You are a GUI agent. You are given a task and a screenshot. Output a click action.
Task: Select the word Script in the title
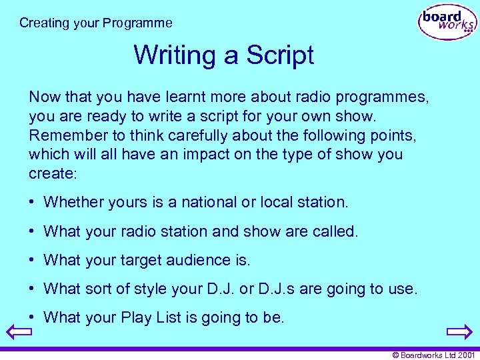(x=280, y=55)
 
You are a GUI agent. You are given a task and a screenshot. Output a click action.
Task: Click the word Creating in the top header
(x=44, y=23)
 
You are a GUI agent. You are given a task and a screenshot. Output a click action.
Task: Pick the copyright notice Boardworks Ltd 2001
(x=433, y=355)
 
